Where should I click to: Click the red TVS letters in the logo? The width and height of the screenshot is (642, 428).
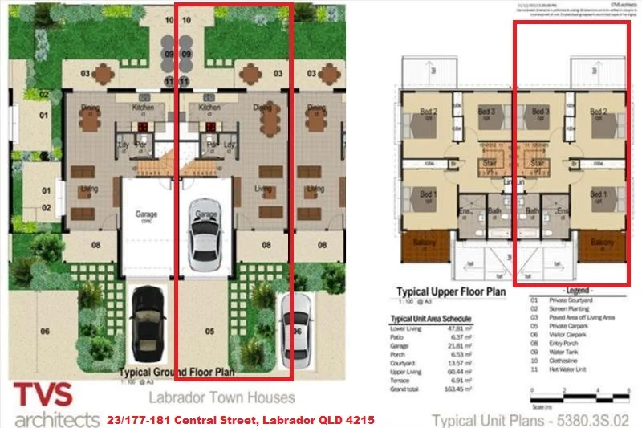coord(43,394)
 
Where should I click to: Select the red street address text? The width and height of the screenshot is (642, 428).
coord(240,419)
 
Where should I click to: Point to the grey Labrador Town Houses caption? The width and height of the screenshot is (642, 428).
coord(221,397)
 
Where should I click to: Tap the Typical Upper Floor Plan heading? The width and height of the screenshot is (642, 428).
coord(452,291)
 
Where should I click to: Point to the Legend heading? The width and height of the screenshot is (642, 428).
coord(579,290)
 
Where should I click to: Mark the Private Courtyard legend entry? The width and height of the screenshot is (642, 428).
coord(573,299)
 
